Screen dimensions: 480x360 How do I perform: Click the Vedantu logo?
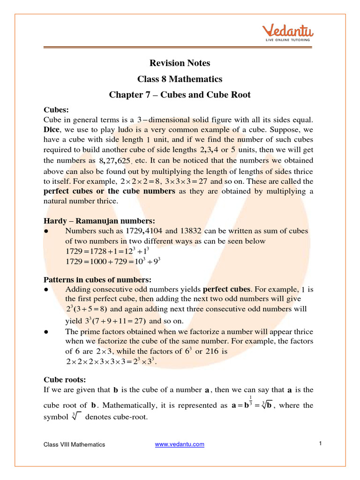tap(287, 33)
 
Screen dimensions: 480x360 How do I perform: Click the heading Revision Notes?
tap(180, 63)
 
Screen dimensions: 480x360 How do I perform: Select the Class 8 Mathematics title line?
tap(180, 79)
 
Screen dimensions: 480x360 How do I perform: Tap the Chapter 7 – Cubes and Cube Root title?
tap(180, 95)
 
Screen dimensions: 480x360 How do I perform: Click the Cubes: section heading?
tap(56, 110)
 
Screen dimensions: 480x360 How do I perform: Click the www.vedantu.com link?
tap(180, 444)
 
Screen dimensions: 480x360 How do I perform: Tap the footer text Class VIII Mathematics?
tap(75, 444)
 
